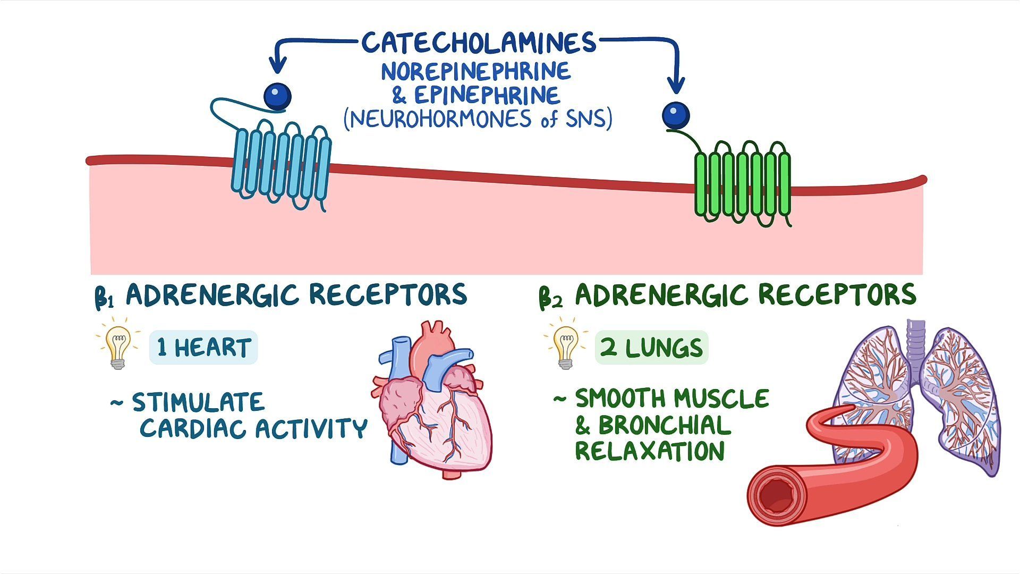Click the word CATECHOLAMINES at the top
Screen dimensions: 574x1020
[479, 43]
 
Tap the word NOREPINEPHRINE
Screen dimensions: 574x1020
[475, 71]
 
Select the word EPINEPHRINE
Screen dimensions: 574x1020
[487, 96]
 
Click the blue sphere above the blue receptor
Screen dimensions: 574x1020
[277, 97]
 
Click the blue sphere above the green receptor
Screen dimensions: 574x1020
[676, 115]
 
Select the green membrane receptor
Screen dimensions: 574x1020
[743, 181]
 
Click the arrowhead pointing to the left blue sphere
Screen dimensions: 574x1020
[277, 67]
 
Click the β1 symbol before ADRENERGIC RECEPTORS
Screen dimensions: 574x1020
[105, 298]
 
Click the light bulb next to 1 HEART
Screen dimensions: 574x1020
[118, 345]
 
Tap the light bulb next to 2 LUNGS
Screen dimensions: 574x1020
[565, 345]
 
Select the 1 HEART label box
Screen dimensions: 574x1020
[203, 348]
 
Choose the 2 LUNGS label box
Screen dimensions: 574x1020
[651, 348]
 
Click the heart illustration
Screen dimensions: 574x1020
[433, 404]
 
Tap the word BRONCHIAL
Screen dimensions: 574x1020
[664, 425]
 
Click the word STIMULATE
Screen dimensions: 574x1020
[198, 402]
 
